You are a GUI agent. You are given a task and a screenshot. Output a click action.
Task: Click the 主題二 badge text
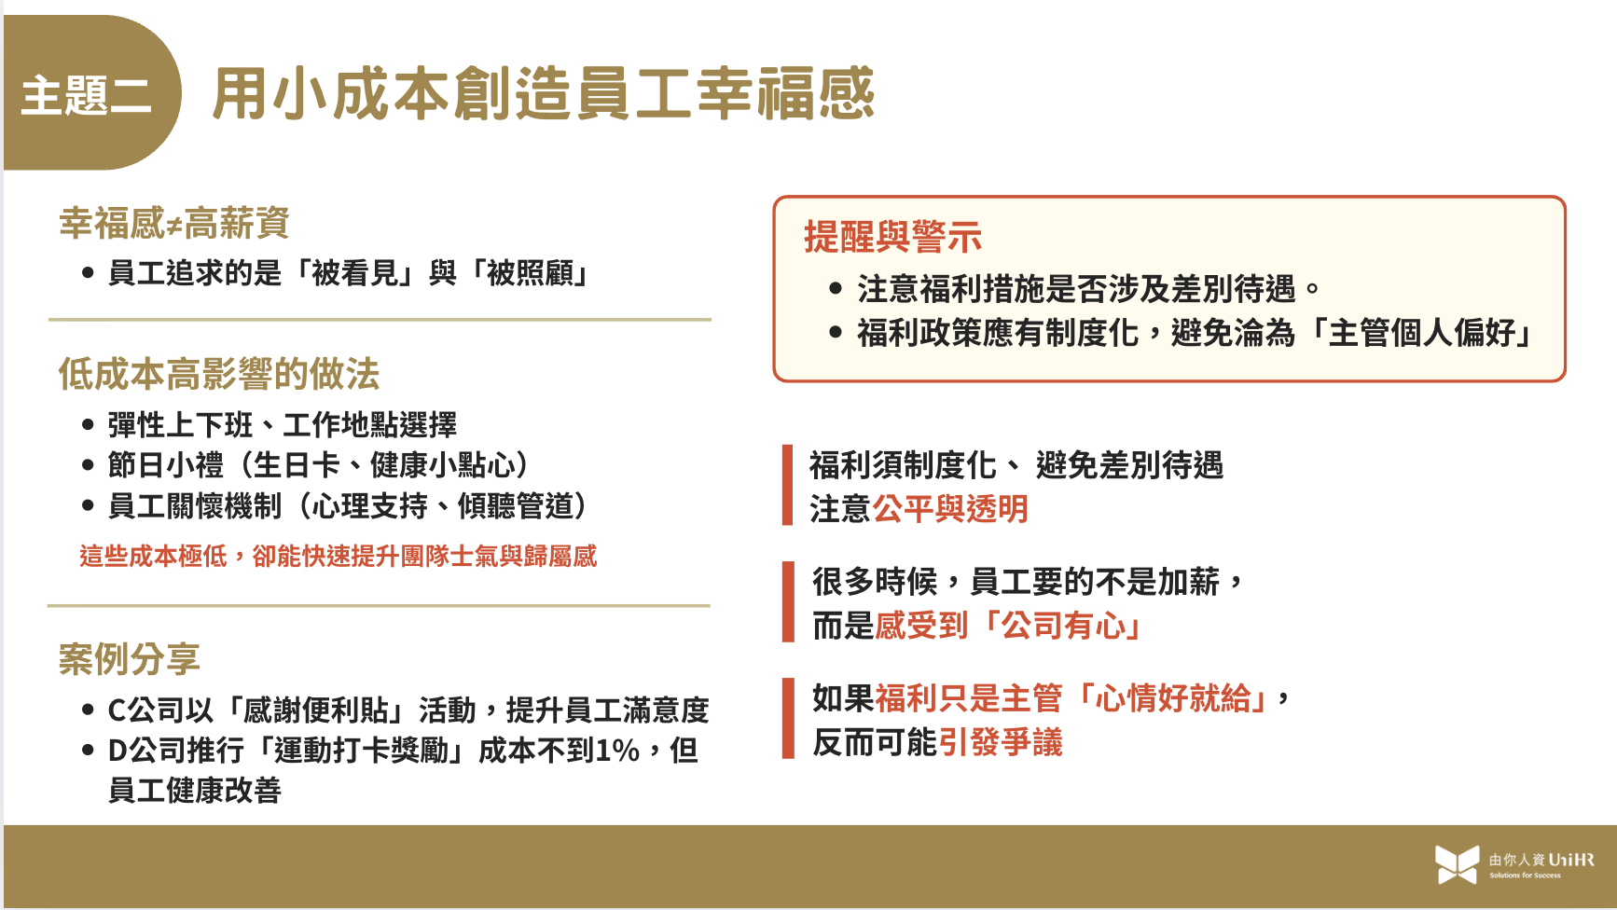(86, 95)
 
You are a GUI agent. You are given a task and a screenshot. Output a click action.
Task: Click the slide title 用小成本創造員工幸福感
(544, 93)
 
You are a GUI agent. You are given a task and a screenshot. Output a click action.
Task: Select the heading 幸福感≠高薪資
(174, 223)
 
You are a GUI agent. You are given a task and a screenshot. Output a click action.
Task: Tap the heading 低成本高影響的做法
(219, 374)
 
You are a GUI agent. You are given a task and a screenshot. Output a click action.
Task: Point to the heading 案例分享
(130, 659)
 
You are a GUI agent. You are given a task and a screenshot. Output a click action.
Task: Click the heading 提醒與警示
(893, 237)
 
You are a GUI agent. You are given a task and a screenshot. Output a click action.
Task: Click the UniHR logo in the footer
(1514, 864)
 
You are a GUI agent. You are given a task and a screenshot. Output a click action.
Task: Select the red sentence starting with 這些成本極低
(339, 557)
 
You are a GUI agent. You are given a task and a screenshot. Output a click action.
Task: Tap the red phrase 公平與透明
(950, 509)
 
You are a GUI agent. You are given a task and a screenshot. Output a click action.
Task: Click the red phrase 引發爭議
(1001, 742)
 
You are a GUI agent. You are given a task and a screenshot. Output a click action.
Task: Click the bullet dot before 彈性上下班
(89, 425)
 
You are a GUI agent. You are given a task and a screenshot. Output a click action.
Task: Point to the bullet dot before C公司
(89, 710)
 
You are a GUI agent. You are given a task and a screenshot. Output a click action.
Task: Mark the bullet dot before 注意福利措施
(836, 289)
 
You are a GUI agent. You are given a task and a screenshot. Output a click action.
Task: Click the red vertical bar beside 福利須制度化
(788, 486)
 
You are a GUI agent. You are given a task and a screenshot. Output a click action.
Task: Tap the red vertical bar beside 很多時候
(788, 602)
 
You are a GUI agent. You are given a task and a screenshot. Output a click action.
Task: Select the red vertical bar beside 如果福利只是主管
(788, 718)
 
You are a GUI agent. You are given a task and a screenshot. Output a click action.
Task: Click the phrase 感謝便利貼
(316, 710)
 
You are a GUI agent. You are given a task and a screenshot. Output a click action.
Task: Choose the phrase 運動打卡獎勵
(361, 751)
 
